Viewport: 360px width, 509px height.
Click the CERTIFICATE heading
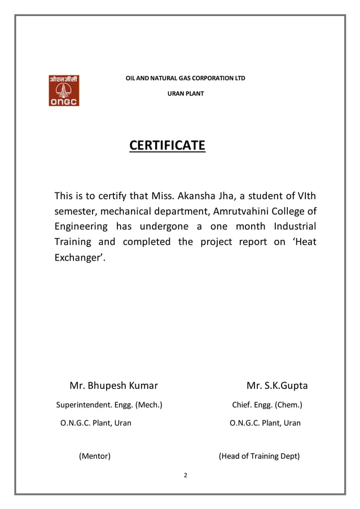coord(167,146)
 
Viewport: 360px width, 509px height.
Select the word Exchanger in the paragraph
coord(78,257)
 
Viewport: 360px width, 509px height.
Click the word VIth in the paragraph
coord(305,196)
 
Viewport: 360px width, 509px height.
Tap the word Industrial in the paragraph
coord(294,227)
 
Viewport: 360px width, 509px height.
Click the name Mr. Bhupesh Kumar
coord(113,387)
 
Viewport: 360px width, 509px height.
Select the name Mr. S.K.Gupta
coord(277,387)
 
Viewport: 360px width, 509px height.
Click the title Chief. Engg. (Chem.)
coord(267,405)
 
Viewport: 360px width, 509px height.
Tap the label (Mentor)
coord(94,456)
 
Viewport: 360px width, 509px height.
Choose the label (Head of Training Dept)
coord(259,456)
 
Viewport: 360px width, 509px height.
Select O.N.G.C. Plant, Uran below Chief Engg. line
coord(265,423)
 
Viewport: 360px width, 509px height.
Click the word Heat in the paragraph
coord(304,242)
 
